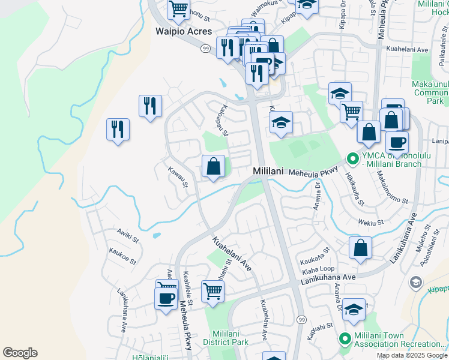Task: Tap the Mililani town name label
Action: click(267, 171)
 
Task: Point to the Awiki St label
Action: click(127, 234)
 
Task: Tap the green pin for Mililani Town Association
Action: click(345, 338)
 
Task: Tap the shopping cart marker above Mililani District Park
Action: click(212, 292)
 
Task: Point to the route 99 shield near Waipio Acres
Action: click(205, 48)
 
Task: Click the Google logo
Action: click(20, 353)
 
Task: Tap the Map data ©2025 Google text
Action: click(412, 355)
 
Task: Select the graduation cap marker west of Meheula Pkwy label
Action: click(281, 123)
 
